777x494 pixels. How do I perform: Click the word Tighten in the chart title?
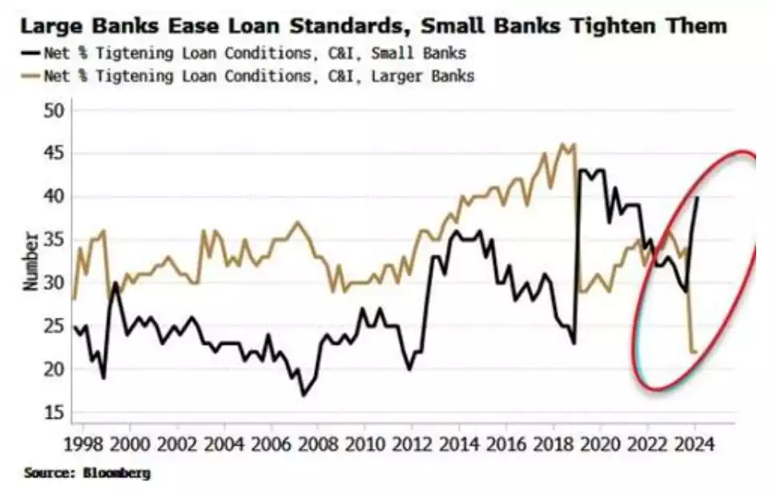pos(611,26)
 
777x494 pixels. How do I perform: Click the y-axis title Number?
pos(30,261)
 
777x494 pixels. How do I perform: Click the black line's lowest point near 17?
pos(304,395)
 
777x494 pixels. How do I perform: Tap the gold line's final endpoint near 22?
pos(695,352)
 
